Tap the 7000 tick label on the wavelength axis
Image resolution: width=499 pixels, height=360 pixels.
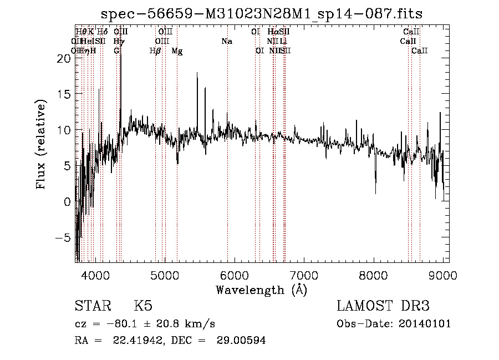point(303,274)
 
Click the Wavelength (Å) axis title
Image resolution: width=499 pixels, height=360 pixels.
point(261,290)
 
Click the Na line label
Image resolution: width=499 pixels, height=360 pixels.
point(226,41)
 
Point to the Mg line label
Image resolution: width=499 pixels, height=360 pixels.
point(177,50)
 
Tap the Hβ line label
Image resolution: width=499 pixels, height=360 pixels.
point(155,50)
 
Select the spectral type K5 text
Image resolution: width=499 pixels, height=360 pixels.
point(143,306)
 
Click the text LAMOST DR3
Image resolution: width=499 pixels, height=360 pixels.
point(383,306)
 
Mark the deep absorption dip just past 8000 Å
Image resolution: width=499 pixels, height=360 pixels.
point(376,191)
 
